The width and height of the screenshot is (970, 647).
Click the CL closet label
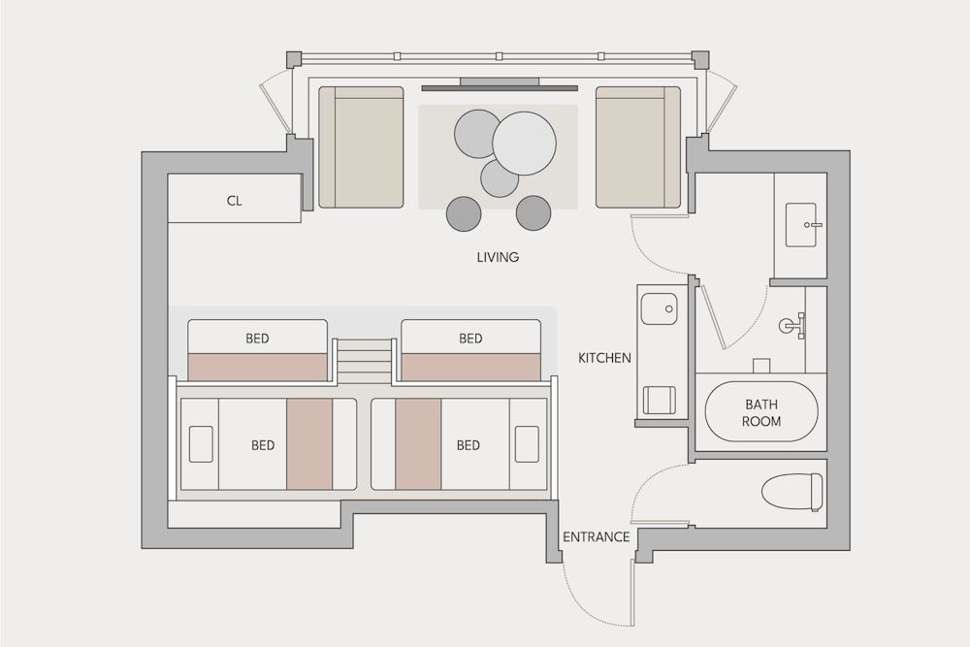[234, 201]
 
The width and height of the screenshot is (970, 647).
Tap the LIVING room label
[498, 258]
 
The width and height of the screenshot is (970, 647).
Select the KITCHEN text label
[604, 358]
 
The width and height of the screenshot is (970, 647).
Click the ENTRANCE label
[597, 536]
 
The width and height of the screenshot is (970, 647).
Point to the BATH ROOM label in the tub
[761, 412]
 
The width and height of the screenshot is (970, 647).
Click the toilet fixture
[792, 491]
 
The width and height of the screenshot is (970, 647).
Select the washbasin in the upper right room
[802, 226]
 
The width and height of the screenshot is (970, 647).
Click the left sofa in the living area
[361, 146]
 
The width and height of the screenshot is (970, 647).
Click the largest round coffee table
[524, 143]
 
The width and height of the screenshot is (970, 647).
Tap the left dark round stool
[463, 213]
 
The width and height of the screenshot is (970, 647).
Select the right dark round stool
[533, 212]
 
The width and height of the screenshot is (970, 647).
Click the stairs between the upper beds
[364, 361]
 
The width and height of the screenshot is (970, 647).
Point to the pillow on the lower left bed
[201, 443]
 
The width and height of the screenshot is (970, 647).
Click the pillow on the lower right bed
[527, 443]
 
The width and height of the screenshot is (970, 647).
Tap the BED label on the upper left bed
[257, 339]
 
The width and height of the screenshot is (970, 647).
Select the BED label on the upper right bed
[470, 339]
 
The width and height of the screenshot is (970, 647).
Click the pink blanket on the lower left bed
[309, 443]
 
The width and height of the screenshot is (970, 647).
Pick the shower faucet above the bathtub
[792, 324]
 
